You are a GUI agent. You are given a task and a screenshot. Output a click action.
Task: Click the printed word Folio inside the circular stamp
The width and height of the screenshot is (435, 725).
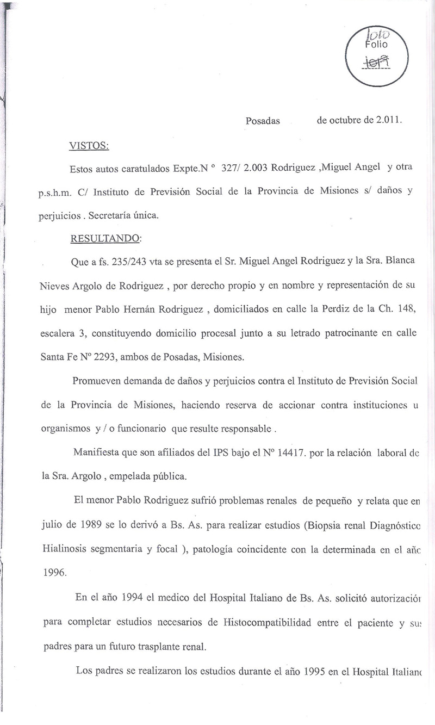point(376,45)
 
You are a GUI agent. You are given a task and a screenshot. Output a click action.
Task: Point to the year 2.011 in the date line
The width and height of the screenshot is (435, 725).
point(387,121)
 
